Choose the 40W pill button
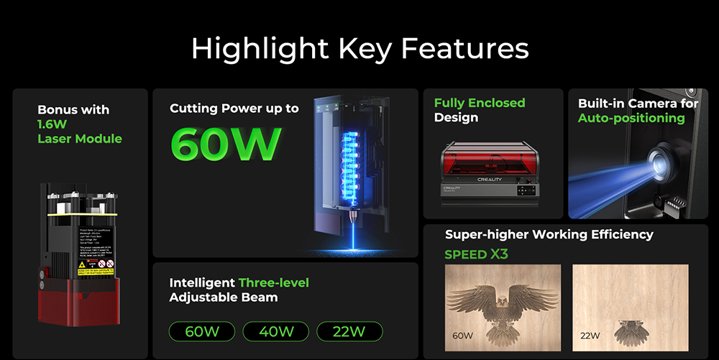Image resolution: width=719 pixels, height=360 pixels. pyautogui.click(x=275, y=331)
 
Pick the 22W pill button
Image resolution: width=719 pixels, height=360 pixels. pyautogui.click(x=349, y=331)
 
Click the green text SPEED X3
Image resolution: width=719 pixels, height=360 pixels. pyautogui.click(x=477, y=254)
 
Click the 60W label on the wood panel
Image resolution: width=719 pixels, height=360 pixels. pyautogui.click(x=463, y=336)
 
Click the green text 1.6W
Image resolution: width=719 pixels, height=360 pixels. pyautogui.click(x=52, y=124)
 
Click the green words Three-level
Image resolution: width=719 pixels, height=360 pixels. pyautogui.click(x=273, y=282)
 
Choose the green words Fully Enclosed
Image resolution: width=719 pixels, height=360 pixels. pyautogui.click(x=480, y=103)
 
